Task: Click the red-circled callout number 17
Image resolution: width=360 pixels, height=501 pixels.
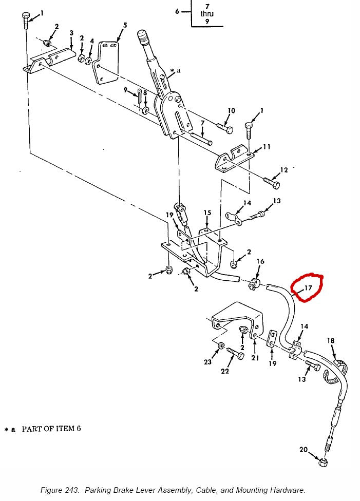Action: tap(308, 288)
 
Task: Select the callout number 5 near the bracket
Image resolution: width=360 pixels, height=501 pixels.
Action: tap(125, 25)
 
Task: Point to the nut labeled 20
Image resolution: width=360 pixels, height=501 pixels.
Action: tap(323, 461)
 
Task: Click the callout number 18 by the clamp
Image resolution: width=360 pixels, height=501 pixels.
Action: tap(331, 341)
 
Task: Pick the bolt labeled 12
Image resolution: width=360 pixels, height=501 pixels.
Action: tap(272, 183)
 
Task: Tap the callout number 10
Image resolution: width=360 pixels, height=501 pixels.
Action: tap(231, 110)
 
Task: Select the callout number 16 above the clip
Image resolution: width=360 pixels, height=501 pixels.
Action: tap(260, 261)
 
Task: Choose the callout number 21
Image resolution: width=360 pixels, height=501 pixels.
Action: tap(255, 358)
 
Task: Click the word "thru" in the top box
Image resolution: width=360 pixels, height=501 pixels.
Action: tap(207, 14)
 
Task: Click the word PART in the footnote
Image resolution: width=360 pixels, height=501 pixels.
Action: tap(32, 429)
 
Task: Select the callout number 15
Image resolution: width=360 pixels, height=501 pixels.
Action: tap(207, 213)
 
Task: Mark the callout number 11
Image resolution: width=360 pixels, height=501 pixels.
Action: tap(267, 147)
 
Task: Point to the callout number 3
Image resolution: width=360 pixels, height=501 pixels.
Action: tap(71, 33)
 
